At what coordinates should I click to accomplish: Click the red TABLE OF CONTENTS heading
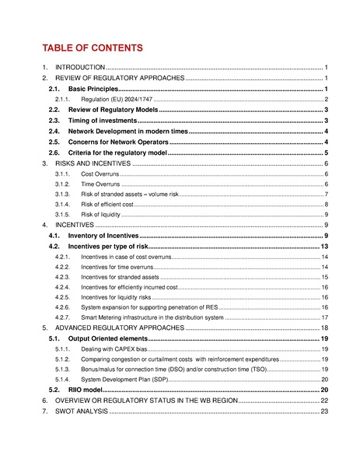93,48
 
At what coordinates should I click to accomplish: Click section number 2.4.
54,132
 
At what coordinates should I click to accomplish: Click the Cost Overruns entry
100,175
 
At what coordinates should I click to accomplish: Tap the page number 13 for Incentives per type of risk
325,246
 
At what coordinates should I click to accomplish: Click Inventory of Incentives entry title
103,235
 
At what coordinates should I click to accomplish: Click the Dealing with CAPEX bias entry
112,350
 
